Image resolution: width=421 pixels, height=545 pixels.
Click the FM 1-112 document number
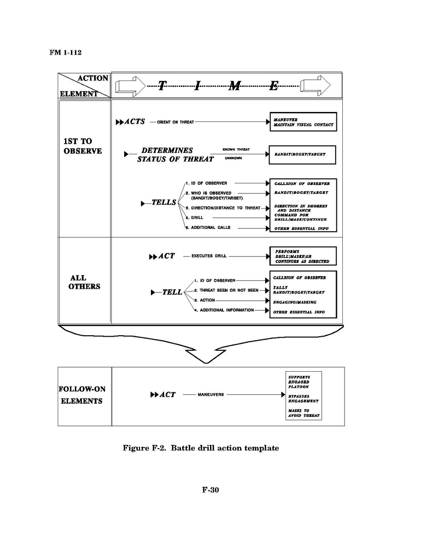coord(65,52)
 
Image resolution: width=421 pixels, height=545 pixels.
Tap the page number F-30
coord(210,490)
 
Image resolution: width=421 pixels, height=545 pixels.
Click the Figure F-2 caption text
coord(200,448)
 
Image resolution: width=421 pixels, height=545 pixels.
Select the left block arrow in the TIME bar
coord(130,86)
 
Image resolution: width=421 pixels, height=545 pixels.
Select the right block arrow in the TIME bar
coord(315,86)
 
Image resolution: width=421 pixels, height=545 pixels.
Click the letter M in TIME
coord(235,86)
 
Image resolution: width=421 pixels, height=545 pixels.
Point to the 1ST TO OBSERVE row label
coord(82,146)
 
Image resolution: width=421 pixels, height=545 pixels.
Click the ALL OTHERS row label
coord(84,282)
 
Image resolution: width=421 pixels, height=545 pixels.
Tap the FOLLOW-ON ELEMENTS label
coord(82,395)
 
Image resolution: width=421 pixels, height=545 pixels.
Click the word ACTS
coord(135,121)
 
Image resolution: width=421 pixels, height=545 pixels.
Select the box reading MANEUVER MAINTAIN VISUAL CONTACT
coord(303,121)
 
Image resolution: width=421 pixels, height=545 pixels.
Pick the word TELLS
coord(164,202)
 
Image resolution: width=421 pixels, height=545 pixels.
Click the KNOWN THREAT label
coord(236,150)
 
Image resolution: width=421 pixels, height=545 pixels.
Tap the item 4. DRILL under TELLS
coord(194,218)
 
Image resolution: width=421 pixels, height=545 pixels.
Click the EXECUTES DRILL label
coord(208,256)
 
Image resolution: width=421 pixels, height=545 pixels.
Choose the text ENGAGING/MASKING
coord(295,302)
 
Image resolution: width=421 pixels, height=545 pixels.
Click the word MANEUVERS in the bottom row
coord(210,394)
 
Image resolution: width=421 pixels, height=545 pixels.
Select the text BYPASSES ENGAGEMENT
coord(303,399)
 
